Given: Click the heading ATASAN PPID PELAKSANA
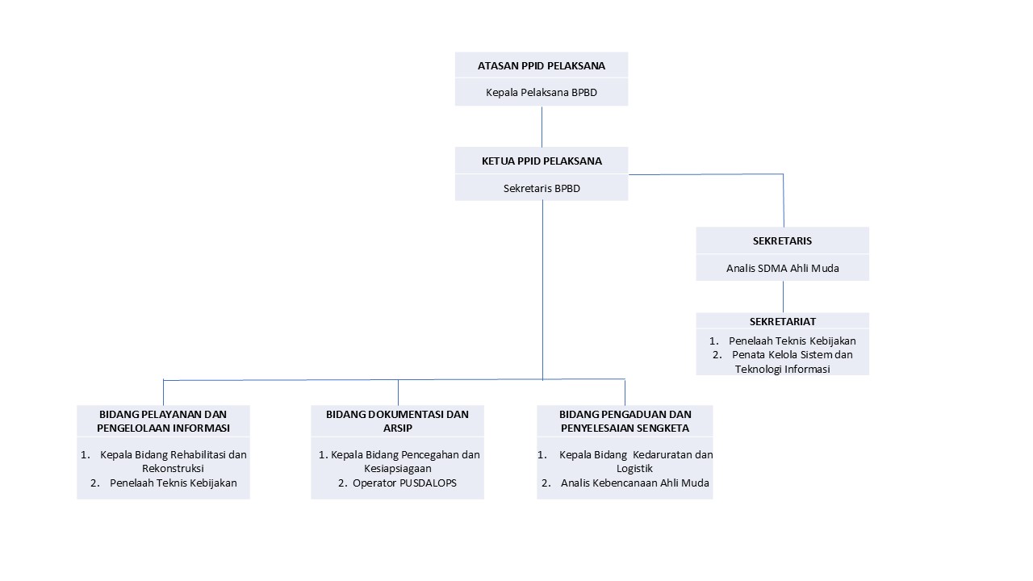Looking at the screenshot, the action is coord(541,66).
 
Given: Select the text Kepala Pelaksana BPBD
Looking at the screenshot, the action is coord(541,92).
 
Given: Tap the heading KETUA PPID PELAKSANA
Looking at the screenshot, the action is coord(542,161).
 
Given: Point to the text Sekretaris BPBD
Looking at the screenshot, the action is coord(542,188).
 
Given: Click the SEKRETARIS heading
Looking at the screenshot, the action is coord(782,240).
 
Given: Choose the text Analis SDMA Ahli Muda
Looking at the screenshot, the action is coord(782,268).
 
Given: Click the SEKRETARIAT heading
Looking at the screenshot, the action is coord(782,321).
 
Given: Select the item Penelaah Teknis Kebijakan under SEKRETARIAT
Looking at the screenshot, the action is coord(792,341).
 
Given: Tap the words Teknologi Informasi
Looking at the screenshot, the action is coord(782,369).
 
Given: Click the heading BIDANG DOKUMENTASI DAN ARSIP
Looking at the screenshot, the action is coord(397,421).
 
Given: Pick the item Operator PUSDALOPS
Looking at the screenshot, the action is coord(404,483).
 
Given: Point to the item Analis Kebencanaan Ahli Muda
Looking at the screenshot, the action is coord(634,483).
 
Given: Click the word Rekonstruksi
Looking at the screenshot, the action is coord(173,469).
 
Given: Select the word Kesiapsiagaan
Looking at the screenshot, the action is coord(398,469).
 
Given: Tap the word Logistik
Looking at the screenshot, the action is coord(634,469).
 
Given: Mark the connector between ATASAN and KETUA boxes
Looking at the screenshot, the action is coord(542,127).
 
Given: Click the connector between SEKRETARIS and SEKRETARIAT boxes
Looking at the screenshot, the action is coord(783,296).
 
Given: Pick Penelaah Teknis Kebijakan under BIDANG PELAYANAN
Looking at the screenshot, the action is coord(173,483).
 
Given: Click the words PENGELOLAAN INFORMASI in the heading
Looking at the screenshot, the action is coord(163,428).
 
